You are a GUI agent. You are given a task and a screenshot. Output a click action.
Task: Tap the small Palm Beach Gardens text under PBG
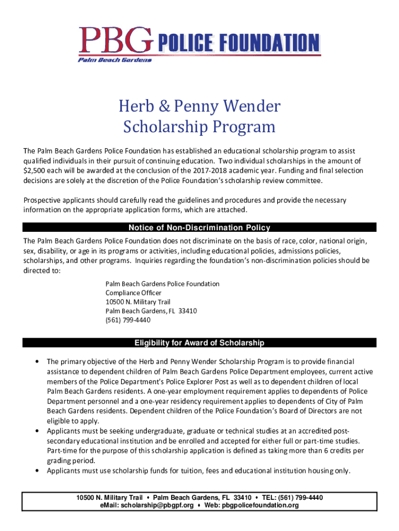(x=115, y=60)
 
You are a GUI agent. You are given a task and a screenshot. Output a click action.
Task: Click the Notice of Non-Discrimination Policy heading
(x=199, y=228)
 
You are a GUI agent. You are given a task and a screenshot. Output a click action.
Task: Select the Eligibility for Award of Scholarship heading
(x=199, y=343)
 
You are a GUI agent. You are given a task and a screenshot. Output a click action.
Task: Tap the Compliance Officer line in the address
(x=133, y=293)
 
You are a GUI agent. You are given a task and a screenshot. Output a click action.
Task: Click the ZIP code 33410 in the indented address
(x=187, y=311)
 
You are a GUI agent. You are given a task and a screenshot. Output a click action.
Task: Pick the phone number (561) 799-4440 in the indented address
(x=128, y=320)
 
